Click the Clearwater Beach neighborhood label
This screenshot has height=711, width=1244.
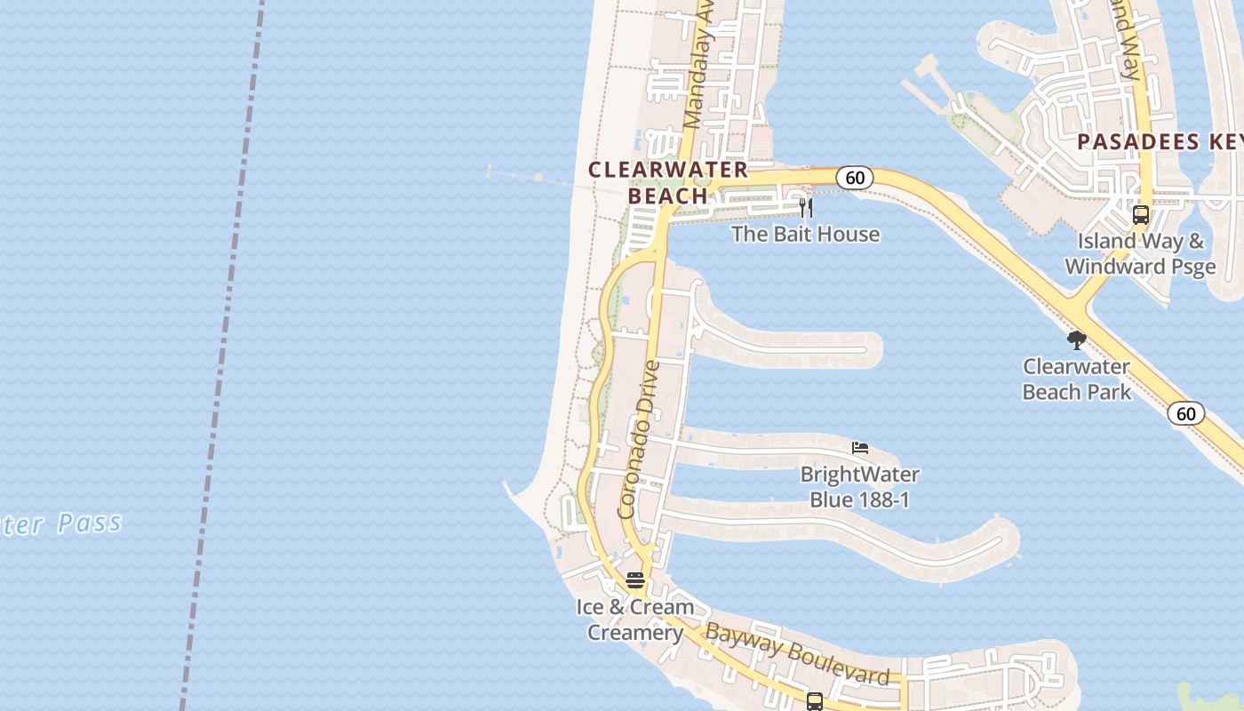(x=668, y=182)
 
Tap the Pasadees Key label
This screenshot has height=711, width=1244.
(x=1160, y=141)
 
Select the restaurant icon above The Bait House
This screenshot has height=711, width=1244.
(x=806, y=208)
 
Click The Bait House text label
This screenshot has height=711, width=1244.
(x=805, y=234)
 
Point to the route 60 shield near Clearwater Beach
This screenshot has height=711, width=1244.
(x=855, y=178)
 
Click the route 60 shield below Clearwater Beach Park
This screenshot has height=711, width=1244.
(x=1186, y=413)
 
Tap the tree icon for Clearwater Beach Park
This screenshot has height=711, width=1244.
(x=1077, y=340)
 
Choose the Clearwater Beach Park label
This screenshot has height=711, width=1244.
(x=1076, y=379)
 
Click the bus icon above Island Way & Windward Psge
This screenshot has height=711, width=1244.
(x=1140, y=215)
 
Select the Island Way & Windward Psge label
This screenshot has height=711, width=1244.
(x=1140, y=253)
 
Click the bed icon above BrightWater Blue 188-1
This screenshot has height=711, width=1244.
(x=859, y=447)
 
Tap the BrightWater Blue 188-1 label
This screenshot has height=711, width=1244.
(x=859, y=487)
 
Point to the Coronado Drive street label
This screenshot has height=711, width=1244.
(x=640, y=439)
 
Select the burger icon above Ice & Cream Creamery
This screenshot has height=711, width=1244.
(x=635, y=580)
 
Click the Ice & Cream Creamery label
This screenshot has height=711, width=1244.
(x=634, y=620)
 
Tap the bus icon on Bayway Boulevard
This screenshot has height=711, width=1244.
(x=815, y=701)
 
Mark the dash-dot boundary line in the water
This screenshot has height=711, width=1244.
(x=222, y=355)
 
